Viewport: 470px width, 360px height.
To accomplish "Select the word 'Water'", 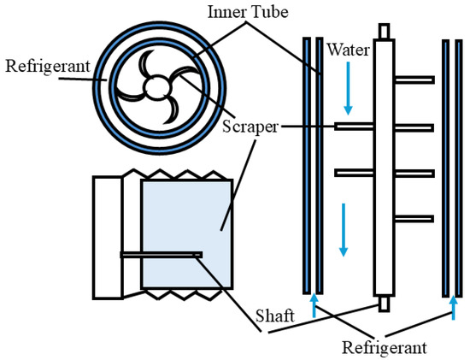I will pos(348,50).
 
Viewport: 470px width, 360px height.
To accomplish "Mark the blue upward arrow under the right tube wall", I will pos(450,306).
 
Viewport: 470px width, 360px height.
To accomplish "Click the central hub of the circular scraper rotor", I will pos(156,87).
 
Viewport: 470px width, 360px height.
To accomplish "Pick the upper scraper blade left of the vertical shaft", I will pos(352,126).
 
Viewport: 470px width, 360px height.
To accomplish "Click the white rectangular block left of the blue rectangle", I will pos(107,237).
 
